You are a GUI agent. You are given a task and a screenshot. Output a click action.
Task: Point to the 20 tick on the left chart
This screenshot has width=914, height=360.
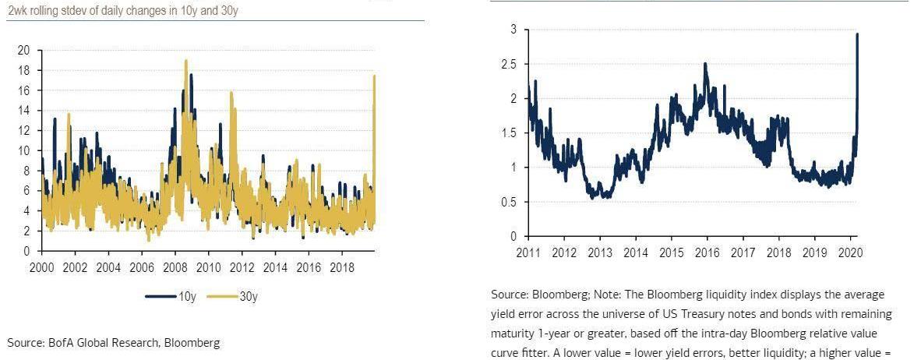pyautogui.click(x=23, y=50)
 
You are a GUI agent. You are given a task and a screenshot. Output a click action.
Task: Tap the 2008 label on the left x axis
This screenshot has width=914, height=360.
pyautogui.click(x=175, y=267)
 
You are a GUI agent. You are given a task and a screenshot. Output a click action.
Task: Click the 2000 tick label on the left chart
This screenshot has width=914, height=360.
pyautogui.click(x=41, y=267)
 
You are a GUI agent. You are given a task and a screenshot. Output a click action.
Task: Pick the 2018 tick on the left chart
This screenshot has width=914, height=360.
pyautogui.click(x=342, y=267)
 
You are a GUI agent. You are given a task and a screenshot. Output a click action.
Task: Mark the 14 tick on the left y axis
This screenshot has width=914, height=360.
pyautogui.click(x=23, y=111)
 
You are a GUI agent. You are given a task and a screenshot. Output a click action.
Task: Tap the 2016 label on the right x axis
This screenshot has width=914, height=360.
pyautogui.click(x=708, y=252)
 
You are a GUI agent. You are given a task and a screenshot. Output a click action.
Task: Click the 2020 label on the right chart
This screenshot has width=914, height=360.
pyautogui.click(x=850, y=252)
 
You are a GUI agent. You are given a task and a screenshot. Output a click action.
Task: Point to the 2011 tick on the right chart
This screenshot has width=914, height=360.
pyautogui.click(x=528, y=252)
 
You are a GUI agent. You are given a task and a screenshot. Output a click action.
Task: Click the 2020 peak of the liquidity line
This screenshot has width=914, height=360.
pyautogui.click(x=857, y=34)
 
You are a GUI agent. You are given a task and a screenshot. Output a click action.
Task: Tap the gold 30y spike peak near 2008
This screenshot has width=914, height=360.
pyautogui.click(x=186, y=60)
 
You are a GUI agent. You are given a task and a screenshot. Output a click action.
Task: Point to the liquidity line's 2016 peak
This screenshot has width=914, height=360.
pyautogui.click(x=705, y=64)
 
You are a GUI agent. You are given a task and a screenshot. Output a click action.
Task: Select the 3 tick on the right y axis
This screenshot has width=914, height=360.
pyautogui.click(x=513, y=30)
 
